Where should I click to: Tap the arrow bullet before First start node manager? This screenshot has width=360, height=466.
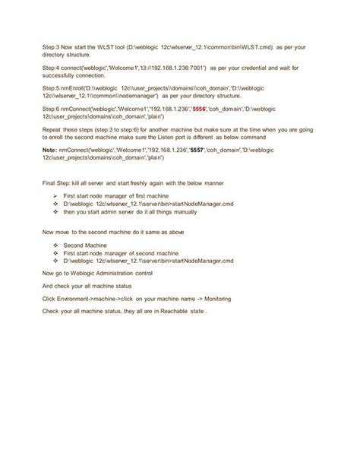pyautogui.click(x=57, y=197)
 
